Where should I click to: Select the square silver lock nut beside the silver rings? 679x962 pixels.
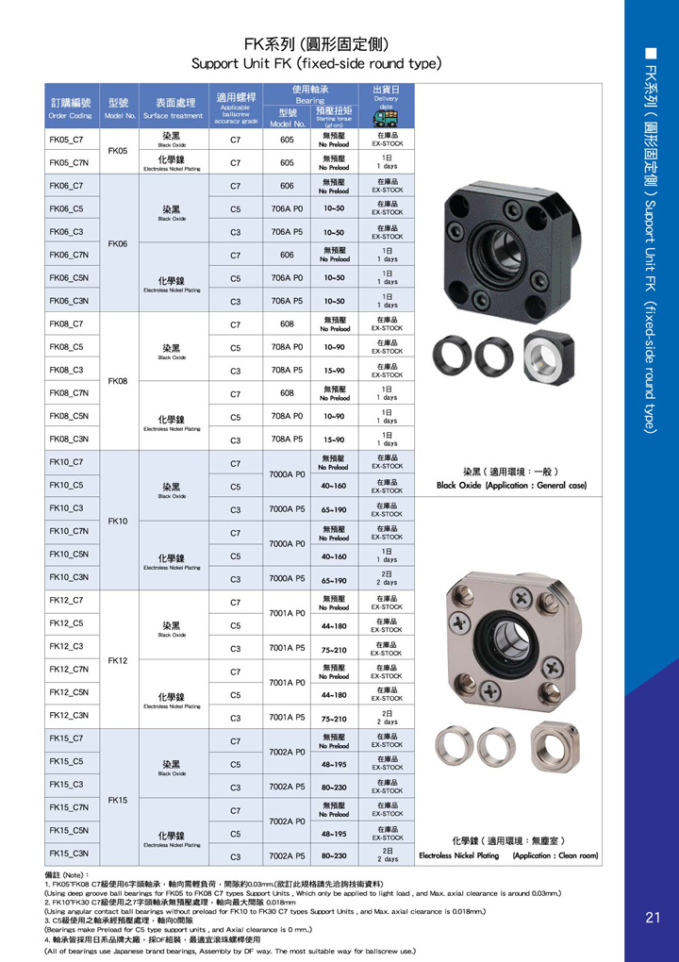551,750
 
